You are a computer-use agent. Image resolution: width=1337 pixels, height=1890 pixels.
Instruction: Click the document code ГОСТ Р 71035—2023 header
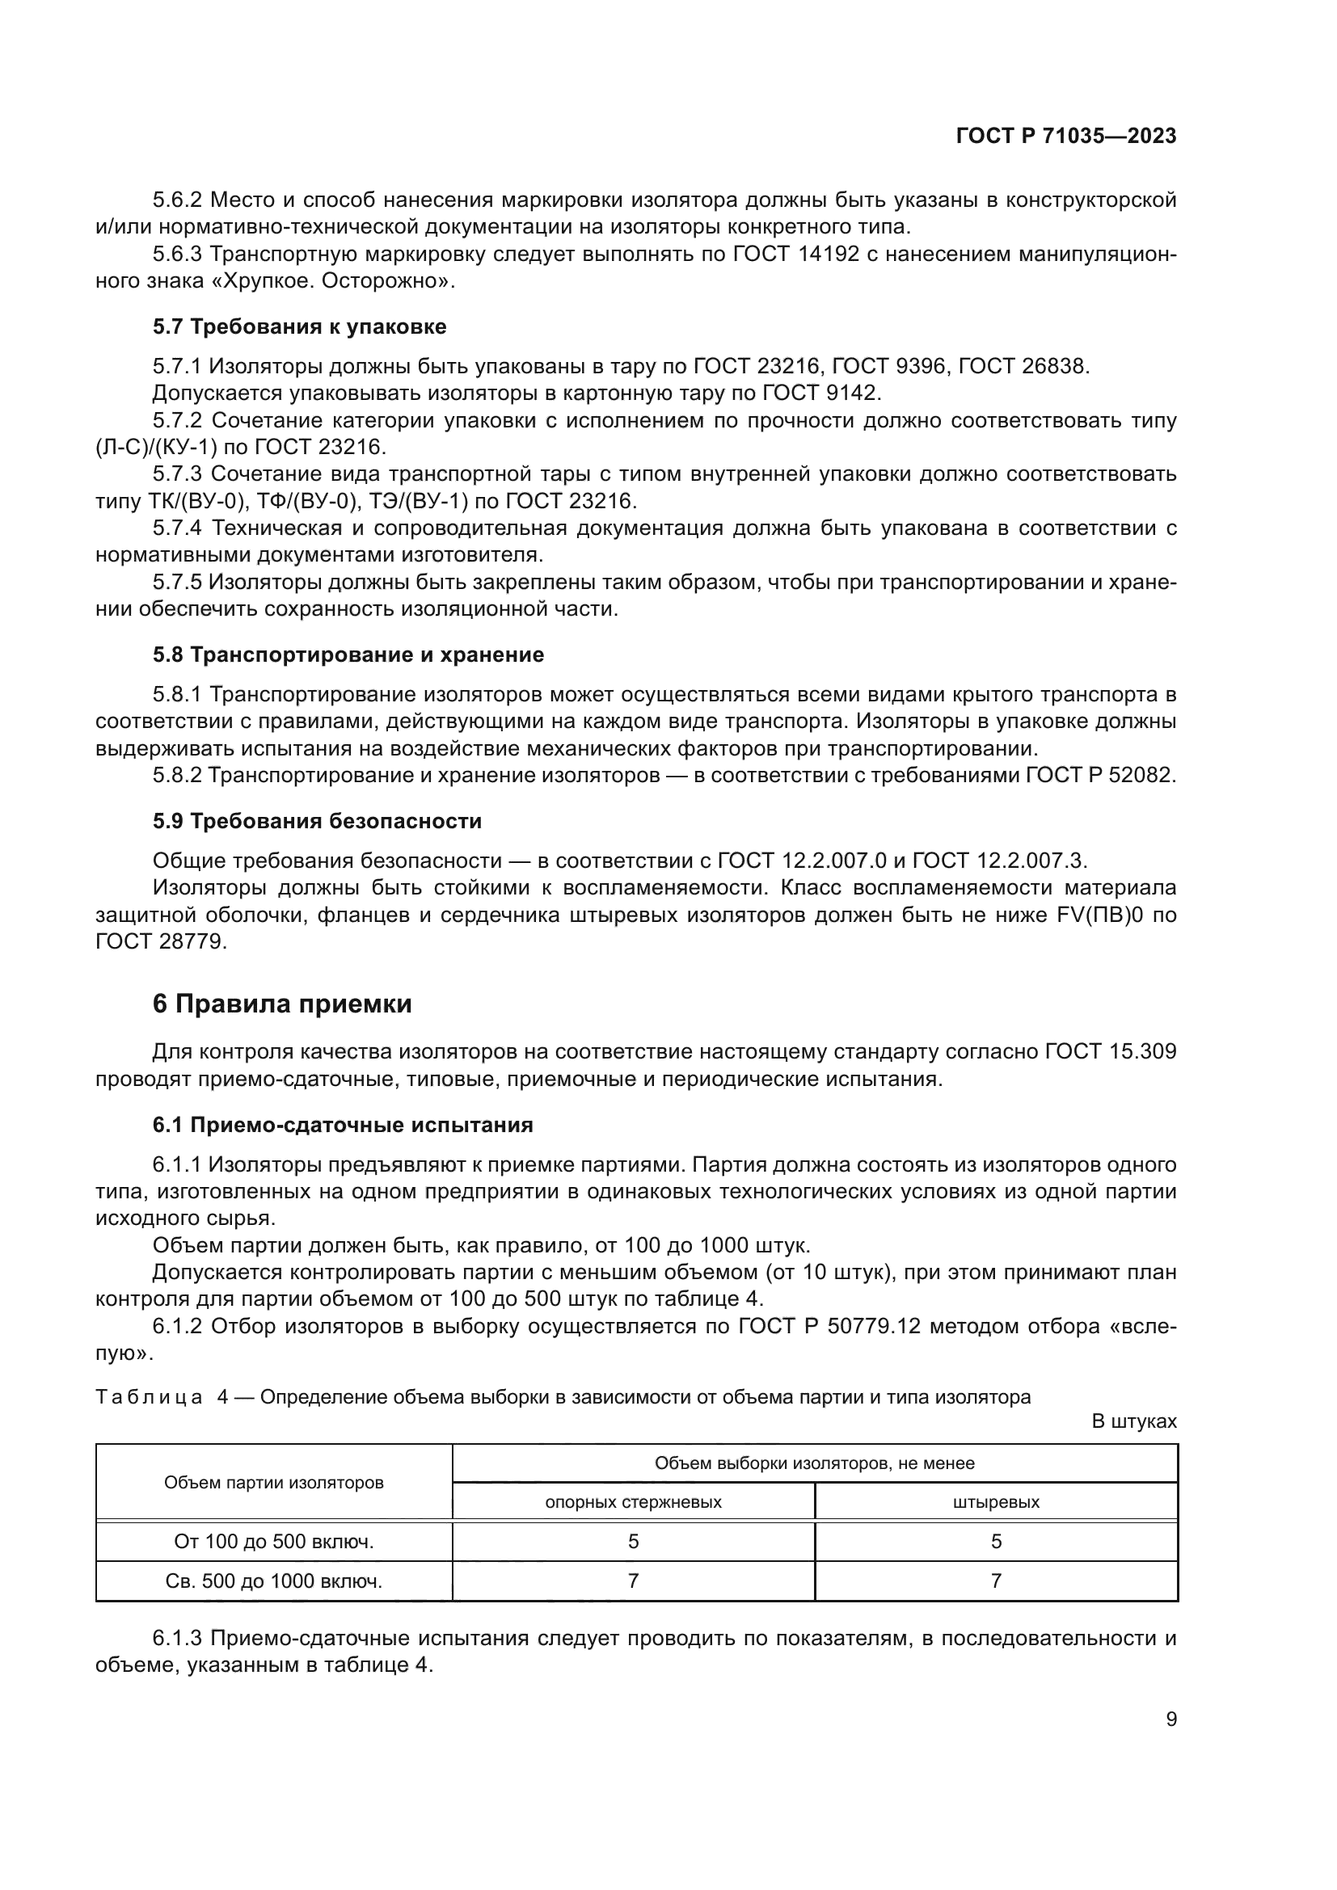tap(1065, 136)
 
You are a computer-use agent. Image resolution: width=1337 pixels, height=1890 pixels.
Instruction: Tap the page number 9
tap(1170, 1719)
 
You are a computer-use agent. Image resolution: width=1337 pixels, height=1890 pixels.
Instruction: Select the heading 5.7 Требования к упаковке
tap(299, 326)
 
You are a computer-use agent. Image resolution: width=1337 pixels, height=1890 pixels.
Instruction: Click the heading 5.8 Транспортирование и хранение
tap(348, 655)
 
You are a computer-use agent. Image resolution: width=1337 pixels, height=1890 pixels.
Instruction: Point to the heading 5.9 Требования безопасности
tap(317, 821)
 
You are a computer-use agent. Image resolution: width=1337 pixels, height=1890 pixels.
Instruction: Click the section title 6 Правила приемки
tap(281, 1004)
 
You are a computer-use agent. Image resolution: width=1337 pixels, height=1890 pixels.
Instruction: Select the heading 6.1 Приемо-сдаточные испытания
tap(343, 1125)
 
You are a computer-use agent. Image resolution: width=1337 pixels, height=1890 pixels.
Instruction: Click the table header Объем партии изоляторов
tap(273, 1483)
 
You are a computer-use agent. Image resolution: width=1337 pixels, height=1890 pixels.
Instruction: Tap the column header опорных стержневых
tap(633, 1501)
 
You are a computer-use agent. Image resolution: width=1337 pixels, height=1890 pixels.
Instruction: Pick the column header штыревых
tap(995, 1501)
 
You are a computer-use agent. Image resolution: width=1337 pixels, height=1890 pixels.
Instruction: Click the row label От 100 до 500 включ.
tap(273, 1541)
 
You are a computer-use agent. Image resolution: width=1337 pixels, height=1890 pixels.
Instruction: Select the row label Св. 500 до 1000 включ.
tap(273, 1581)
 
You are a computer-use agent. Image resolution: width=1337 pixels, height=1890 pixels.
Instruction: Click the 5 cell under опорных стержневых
tap(633, 1541)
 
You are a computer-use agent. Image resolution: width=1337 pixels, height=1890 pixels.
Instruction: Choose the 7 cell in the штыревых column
tap(995, 1581)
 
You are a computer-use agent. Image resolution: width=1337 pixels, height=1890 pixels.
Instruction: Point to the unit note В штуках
tap(1133, 1421)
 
